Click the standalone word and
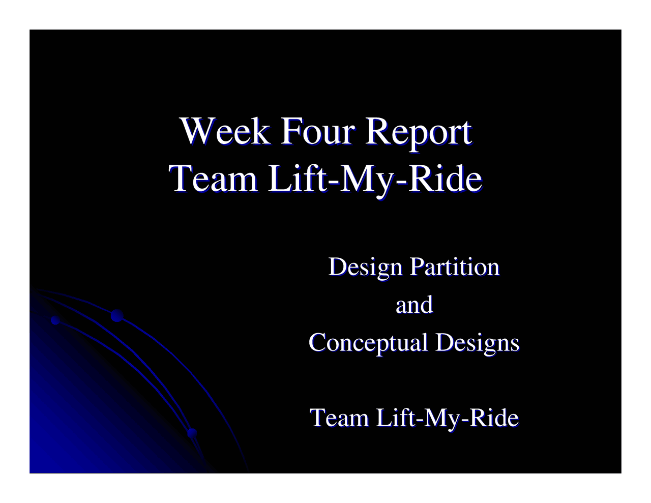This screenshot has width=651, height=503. click(x=414, y=305)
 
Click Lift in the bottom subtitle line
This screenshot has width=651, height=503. click(x=394, y=418)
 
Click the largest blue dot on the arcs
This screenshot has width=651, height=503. click(x=117, y=316)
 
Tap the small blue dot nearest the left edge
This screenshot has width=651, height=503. click(x=55, y=320)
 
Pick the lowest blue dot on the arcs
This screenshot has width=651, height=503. click(x=192, y=433)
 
